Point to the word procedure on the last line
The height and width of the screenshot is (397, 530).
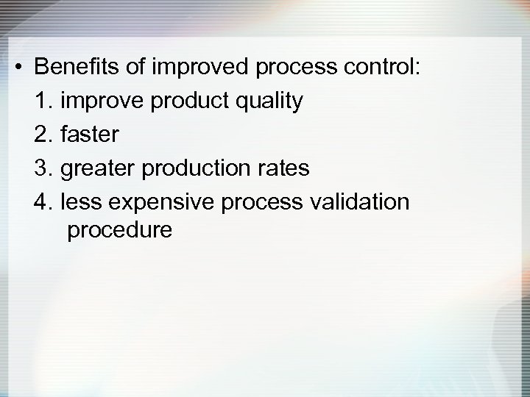coord(119,231)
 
